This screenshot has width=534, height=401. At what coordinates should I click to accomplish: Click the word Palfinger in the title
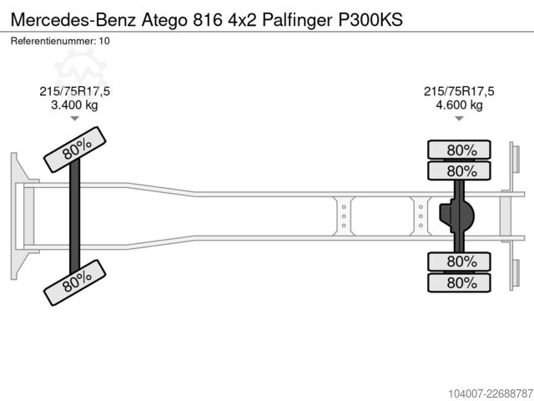pos(297,20)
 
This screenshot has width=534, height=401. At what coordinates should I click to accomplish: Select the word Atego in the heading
pos(164,20)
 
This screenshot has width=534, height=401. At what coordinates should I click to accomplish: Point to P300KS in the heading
pos(370,20)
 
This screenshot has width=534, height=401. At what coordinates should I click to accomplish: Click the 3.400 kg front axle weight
pos(74,104)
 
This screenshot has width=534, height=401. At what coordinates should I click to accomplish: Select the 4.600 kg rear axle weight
pos(459,104)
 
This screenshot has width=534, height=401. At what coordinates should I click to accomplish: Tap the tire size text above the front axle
pos(74,91)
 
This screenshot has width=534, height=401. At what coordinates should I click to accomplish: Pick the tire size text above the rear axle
pos(459,91)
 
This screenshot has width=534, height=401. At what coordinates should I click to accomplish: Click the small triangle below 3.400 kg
pos(74,119)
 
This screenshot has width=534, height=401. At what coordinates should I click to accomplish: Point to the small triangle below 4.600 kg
pos(459,119)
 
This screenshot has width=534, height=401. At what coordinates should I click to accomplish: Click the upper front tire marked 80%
pos(75,150)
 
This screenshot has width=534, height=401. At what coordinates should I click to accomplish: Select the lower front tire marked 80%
pos(75,282)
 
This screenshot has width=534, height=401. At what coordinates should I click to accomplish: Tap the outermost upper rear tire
pos(459,150)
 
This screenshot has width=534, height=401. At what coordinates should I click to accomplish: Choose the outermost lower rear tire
pos(459,282)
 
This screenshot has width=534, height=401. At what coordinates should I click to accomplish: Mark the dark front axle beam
pos(74,216)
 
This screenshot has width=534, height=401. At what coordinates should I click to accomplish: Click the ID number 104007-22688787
pos(491,393)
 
